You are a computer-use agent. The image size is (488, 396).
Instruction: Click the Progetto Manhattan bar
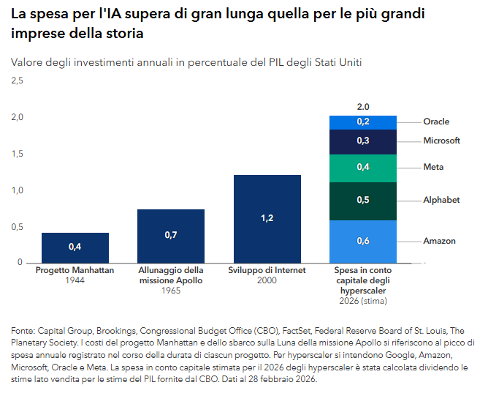click(75, 247)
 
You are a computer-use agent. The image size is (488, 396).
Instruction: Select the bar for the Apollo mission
click(171, 236)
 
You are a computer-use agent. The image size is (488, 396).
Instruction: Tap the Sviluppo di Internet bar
click(267, 218)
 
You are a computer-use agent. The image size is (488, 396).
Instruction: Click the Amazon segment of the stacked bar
click(363, 241)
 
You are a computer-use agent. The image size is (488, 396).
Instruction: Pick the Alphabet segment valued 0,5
click(363, 201)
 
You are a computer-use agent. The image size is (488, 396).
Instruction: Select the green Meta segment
click(363, 168)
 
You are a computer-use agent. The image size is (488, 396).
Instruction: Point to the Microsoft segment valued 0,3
click(363, 141)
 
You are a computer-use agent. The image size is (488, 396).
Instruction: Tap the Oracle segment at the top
click(363, 122)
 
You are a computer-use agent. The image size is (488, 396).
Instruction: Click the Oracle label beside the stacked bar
click(436, 122)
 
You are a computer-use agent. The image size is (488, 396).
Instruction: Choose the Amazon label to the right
click(439, 241)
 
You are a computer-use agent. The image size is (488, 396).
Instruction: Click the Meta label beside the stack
click(433, 167)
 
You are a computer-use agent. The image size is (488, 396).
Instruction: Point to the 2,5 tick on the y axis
click(16, 81)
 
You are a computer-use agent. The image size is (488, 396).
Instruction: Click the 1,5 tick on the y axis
click(16, 153)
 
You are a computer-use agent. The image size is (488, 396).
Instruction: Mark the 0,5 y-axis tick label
click(16, 226)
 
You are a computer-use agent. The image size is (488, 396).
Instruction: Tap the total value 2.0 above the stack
click(363, 107)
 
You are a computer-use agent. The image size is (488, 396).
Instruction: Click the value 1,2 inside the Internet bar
click(267, 218)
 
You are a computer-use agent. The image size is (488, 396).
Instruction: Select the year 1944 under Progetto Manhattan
click(75, 280)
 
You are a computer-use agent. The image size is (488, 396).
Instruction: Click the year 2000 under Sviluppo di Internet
click(267, 280)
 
